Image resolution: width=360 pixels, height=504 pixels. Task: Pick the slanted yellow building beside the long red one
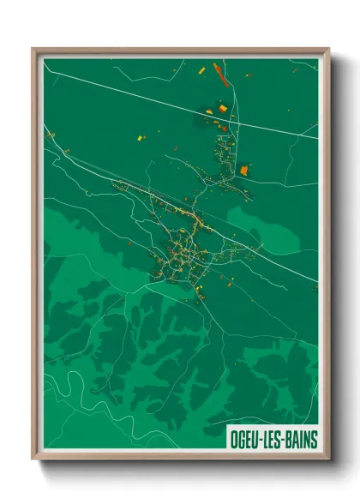pyautogui.click(x=202, y=69)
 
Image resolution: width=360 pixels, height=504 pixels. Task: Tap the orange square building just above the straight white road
pyautogui.click(x=223, y=109)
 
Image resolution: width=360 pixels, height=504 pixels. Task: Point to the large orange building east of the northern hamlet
pyautogui.click(x=243, y=170)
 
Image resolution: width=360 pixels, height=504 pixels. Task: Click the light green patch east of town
pyautogui.click(x=257, y=227)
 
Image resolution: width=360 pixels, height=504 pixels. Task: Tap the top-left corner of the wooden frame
pyautogui.click(x=33, y=49)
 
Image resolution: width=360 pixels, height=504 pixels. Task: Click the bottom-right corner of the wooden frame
pyautogui.click(x=329, y=459)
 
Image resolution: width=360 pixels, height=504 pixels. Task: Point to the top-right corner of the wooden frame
pyautogui.click(x=329, y=49)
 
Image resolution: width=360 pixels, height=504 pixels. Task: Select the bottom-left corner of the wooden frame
pyautogui.click(x=33, y=459)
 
